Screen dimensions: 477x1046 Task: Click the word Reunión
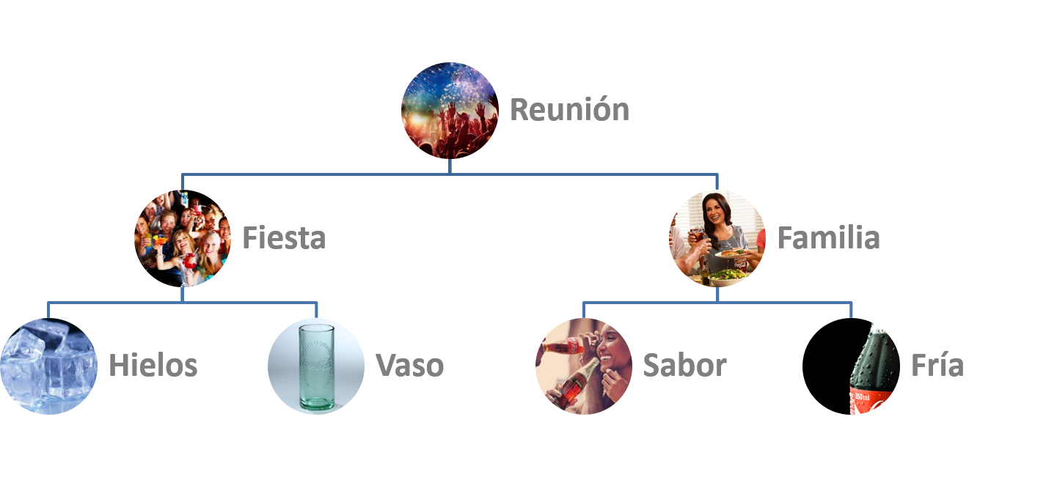[569, 110]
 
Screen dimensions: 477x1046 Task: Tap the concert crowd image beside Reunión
[449, 110]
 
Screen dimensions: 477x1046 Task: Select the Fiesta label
[284, 238]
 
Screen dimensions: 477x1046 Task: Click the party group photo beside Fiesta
[183, 238]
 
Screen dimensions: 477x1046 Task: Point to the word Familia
[828, 238]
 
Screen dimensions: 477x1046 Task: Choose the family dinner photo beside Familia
[717, 238]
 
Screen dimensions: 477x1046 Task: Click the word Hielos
[153, 365]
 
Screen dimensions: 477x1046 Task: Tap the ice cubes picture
[48, 366]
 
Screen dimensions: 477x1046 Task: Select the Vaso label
[410, 365]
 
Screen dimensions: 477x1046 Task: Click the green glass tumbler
[316, 366]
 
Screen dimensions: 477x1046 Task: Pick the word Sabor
[684, 365]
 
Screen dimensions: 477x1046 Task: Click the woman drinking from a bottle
[584, 366]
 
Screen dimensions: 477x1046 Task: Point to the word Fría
[937, 365]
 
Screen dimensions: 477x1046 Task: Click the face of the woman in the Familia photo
[715, 212]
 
